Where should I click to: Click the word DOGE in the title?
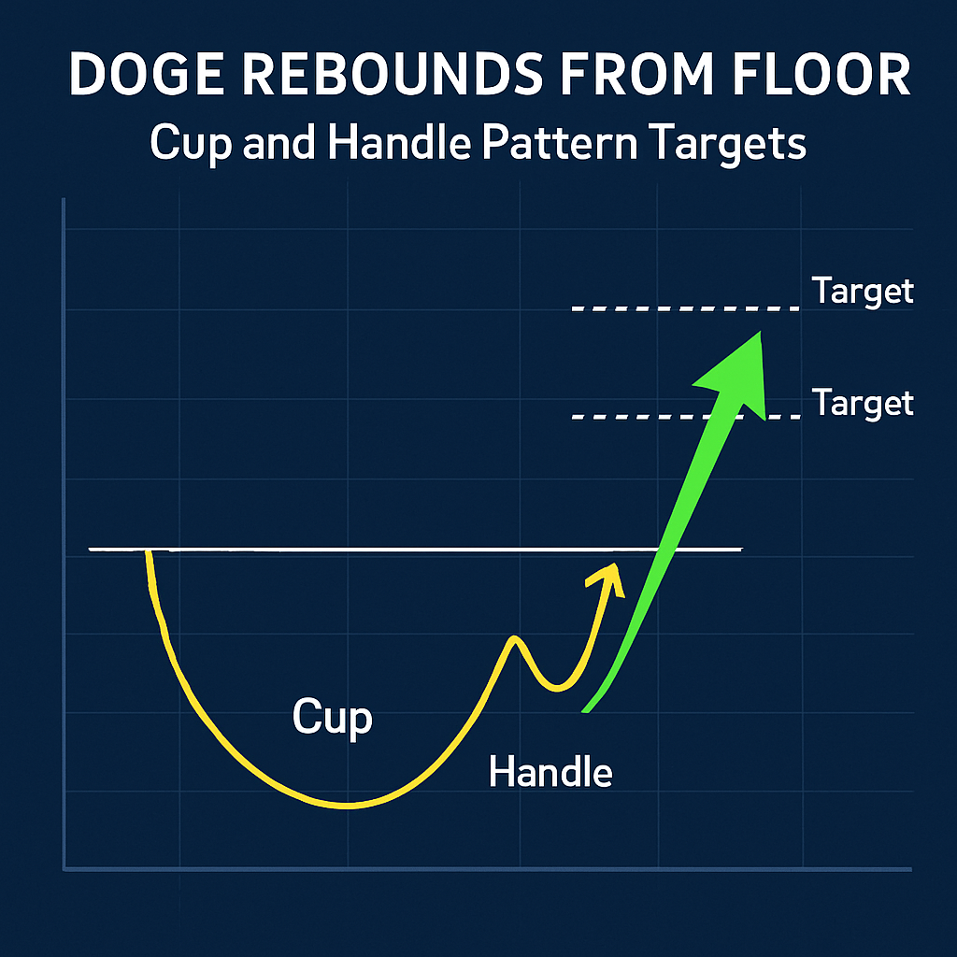(x=147, y=74)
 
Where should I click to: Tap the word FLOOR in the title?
(x=821, y=74)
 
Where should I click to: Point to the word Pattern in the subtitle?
(x=560, y=143)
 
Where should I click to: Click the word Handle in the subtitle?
(x=399, y=142)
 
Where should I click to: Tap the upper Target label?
(x=863, y=291)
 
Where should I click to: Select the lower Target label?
(x=863, y=403)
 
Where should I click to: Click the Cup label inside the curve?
(x=332, y=718)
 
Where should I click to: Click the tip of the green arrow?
(x=761, y=332)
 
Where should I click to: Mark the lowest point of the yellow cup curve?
(x=348, y=807)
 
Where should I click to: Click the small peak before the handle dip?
(x=515, y=637)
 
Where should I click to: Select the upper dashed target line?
(x=685, y=308)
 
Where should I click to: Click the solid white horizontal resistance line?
(x=416, y=550)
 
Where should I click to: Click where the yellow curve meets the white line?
(x=148, y=551)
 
